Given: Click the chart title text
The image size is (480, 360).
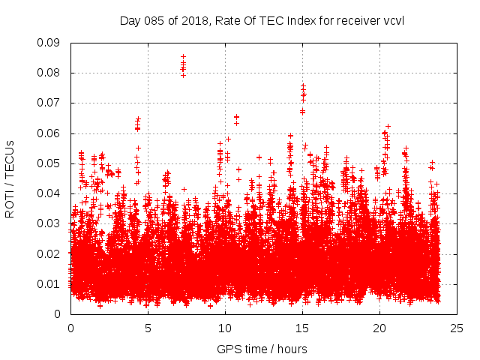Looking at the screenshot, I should pos(262,20).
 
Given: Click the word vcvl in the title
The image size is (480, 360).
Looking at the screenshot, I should pos(393,20).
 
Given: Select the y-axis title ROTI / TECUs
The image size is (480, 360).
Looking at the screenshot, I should pos(10,178).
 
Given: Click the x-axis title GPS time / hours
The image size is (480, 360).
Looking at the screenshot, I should pos(262,349).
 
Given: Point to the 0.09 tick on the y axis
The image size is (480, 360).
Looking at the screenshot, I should pos(50,43).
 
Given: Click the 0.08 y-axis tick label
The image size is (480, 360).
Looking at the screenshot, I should pos(50,73).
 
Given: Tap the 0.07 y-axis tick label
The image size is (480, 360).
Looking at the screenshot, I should pos(50,103).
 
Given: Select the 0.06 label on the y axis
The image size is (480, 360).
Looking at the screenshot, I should pos(50,133).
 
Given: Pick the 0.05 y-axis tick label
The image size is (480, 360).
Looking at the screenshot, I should pos(50,163).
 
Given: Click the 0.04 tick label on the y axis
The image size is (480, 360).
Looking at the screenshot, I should pos(50,193).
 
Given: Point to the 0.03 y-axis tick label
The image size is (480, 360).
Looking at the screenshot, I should pos(50,223).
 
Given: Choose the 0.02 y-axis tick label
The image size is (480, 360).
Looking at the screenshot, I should pos(50,253).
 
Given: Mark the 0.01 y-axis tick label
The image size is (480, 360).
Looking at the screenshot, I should pos(50,283).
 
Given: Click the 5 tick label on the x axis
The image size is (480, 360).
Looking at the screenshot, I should pos(148,328).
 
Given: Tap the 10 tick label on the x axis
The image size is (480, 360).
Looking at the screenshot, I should pos(225,328).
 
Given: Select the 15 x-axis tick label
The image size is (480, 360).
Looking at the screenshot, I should pos(302,328).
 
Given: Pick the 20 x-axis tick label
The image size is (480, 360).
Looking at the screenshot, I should pos(379,328).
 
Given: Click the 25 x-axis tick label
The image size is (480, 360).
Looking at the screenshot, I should pos(457,328).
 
